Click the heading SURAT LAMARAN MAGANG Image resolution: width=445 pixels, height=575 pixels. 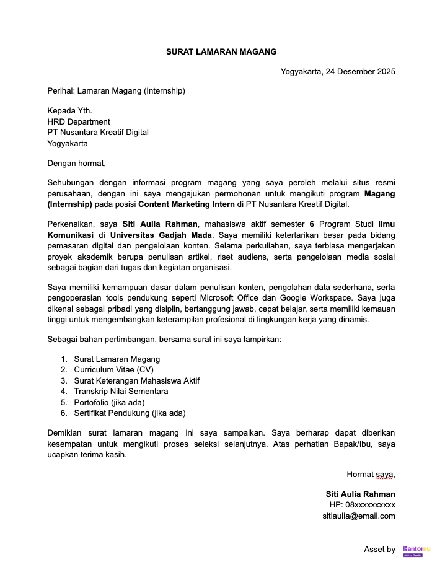point(221,51)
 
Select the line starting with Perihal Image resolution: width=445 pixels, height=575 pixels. point(116,91)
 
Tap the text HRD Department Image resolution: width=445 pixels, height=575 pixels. point(79,121)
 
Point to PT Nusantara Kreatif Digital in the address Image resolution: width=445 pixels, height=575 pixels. point(98,132)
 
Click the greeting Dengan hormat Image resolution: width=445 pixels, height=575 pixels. point(77,164)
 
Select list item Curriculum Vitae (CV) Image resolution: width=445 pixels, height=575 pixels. point(113,369)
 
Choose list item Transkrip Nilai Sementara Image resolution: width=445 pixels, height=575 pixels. point(121,391)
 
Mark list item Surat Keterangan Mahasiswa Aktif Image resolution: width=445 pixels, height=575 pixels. point(136,380)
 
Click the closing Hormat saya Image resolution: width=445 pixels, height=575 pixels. point(371,475)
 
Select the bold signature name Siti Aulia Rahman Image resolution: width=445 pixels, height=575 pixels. point(360,494)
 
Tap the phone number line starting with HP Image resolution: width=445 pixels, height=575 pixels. point(362,505)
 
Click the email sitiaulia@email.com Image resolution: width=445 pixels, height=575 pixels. point(358,516)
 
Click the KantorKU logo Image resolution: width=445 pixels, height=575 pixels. point(416,550)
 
